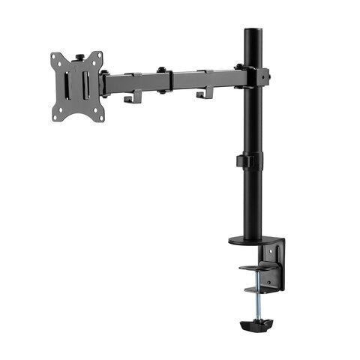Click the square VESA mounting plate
(76, 85)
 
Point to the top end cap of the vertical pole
(252, 32)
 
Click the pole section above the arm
(252, 49)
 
